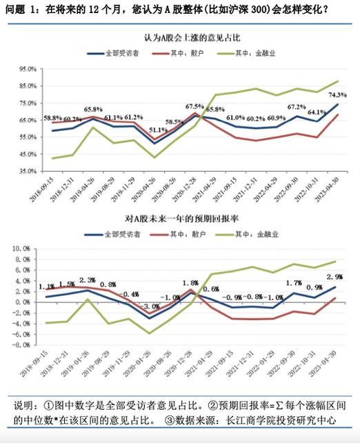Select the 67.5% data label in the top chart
tap(195, 106)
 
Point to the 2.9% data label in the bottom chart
tap(337, 276)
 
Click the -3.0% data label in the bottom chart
tap(150, 306)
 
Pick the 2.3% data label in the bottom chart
tap(87, 280)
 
